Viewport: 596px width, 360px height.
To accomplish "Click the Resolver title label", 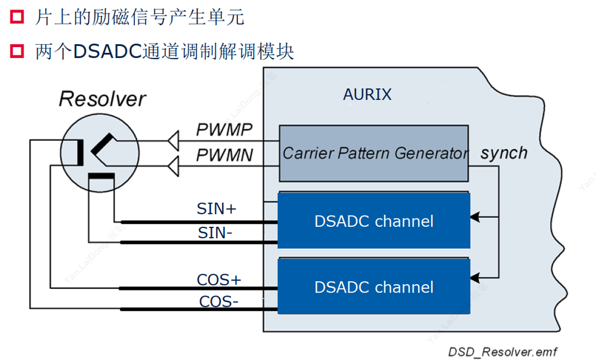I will click(102, 99).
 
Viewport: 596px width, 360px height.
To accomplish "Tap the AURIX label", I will click(368, 94).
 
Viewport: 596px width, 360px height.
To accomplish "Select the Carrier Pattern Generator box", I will click(374, 153).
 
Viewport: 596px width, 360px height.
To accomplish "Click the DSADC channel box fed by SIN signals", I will click(374, 221).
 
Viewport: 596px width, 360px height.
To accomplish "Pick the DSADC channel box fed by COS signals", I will click(374, 287).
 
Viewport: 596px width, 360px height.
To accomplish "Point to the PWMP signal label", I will click(225, 130).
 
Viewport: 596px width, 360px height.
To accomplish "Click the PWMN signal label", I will click(225, 156).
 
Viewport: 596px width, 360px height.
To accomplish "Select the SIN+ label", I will click(217, 209).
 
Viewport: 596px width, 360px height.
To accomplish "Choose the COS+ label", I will click(219, 279).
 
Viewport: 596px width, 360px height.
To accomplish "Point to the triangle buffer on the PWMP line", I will click(174, 141).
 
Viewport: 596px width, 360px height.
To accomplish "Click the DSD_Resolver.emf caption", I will click(502, 352).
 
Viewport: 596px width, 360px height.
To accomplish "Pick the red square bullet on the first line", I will click(16, 17).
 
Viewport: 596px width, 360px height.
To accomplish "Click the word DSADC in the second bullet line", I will click(107, 52).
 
